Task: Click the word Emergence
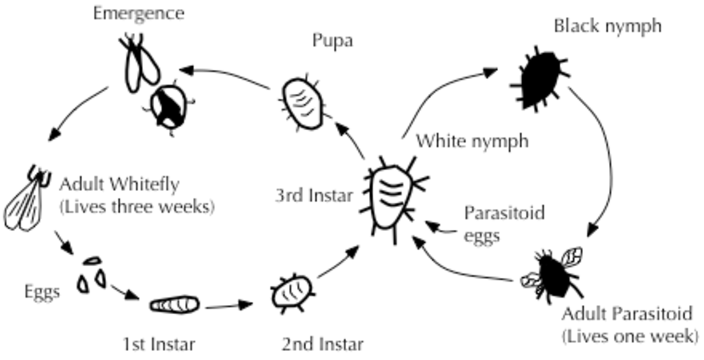coord(138,13)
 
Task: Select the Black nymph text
coord(607,26)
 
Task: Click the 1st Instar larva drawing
coord(174,305)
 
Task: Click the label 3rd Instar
coord(314,195)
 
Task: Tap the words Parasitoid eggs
coord(504,223)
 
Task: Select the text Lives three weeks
coord(137,207)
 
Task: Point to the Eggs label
coord(42,291)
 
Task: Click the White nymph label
coord(472,141)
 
